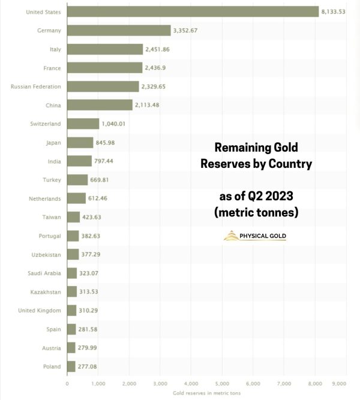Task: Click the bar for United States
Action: point(192,11)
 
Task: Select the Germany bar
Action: point(119,30)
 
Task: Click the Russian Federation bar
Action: point(103,86)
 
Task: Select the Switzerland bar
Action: point(83,124)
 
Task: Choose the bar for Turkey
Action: point(77,179)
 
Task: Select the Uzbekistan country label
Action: point(47,254)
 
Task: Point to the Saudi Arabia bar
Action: point(72,273)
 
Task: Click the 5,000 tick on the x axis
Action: point(222,383)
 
